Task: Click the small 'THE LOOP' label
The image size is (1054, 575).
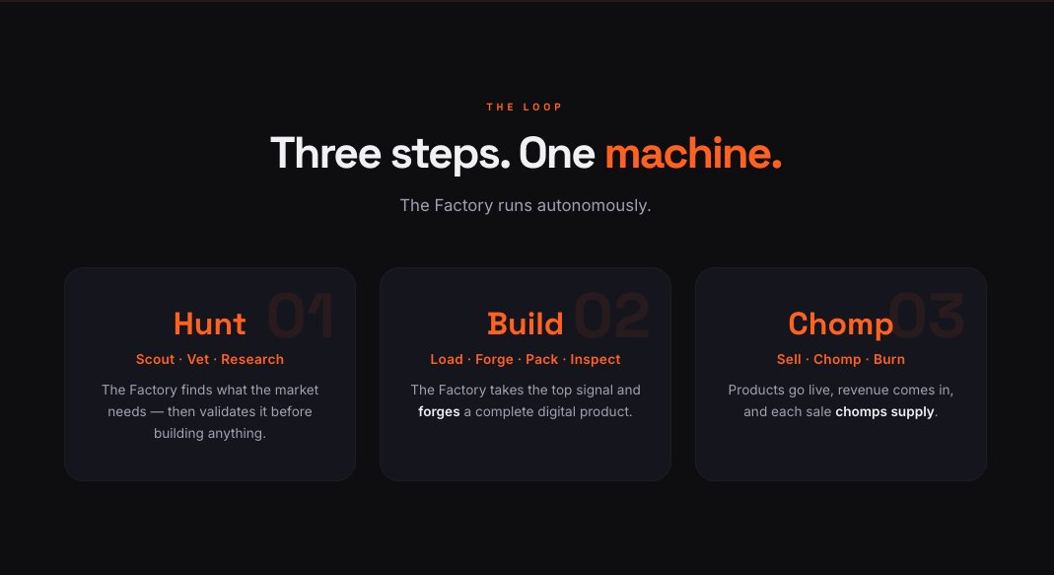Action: coord(525,107)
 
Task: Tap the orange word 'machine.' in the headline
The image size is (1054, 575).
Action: coord(693,153)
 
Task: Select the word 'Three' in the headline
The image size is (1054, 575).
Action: coord(326,153)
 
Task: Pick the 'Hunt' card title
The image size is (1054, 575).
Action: coord(210,324)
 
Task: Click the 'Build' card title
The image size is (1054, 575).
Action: coord(525,324)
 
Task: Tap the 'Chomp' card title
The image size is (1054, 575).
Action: coord(840,325)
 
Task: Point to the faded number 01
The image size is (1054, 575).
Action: coord(301,315)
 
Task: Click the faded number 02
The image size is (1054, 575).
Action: coord(611,315)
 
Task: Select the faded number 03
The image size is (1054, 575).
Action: coord(928,315)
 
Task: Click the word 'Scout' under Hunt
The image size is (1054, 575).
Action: coord(155,359)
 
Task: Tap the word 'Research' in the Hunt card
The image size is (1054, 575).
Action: coord(252,359)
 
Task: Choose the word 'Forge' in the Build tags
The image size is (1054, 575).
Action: coord(494,360)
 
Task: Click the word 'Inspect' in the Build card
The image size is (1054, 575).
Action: coord(595,360)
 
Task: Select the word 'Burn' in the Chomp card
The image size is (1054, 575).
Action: coord(888,359)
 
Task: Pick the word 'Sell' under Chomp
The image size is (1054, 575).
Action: coord(789,359)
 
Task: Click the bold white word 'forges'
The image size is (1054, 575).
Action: coord(439,411)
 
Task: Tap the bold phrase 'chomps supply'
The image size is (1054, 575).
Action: coord(884,411)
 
